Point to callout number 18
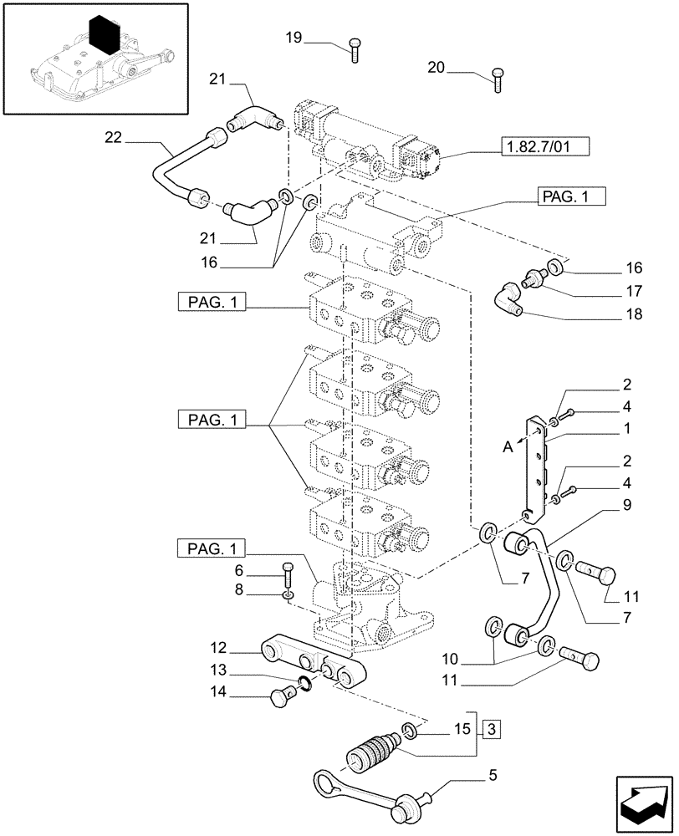633,315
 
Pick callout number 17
633,292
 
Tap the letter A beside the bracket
508,447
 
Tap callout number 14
218,691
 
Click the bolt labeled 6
288,575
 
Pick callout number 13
218,670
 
